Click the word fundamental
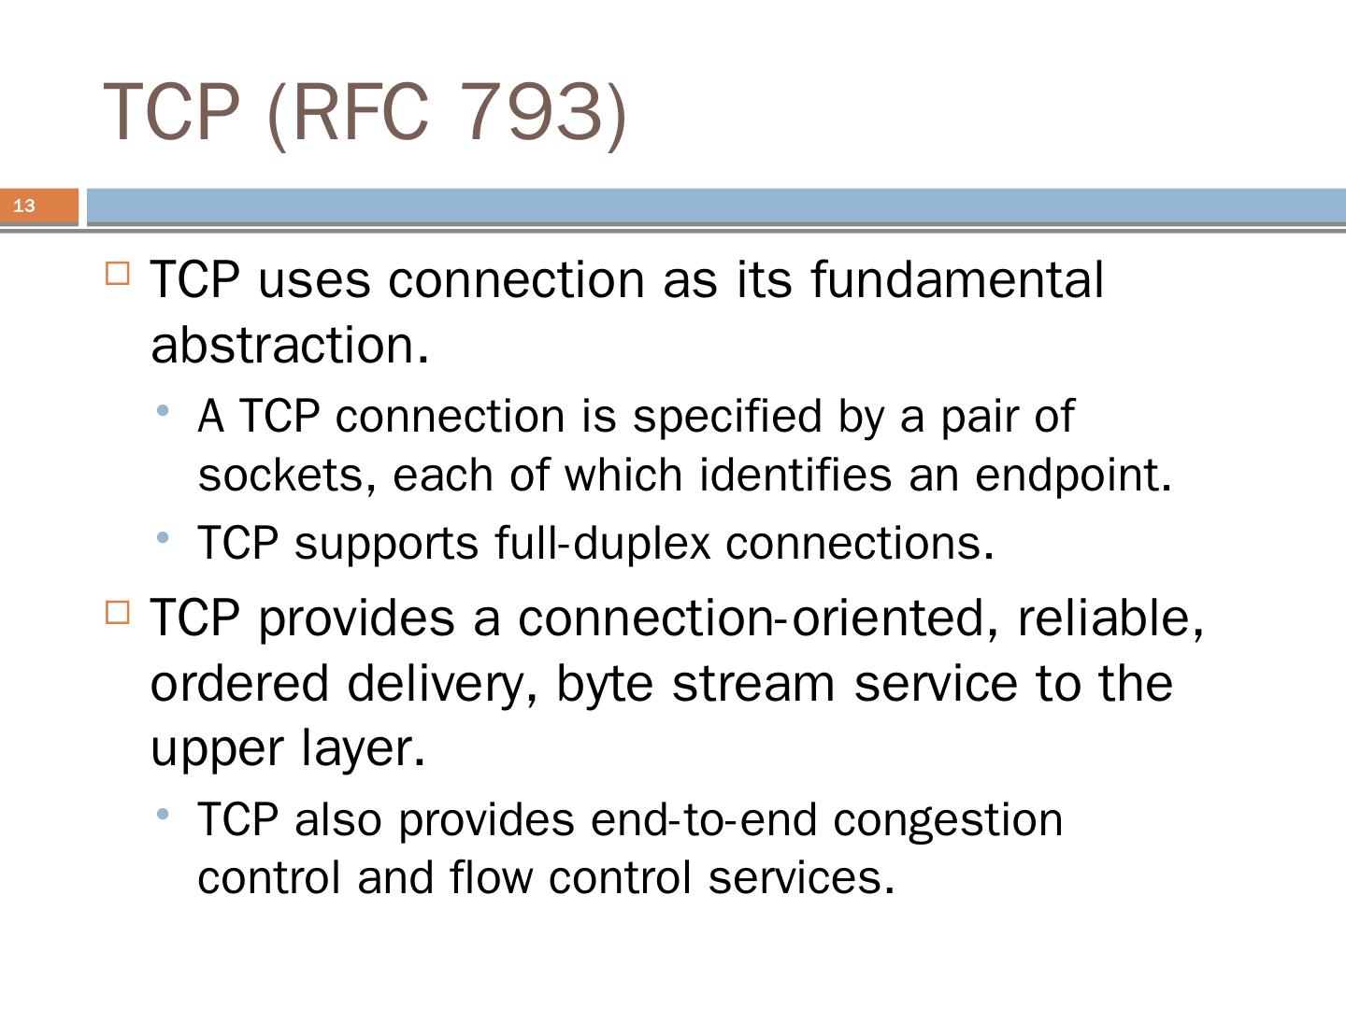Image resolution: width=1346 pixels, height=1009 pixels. click(957, 279)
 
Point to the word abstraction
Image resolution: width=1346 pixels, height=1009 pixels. click(289, 345)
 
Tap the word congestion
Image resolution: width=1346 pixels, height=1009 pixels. click(948, 819)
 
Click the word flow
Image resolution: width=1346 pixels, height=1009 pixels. click(491, 877)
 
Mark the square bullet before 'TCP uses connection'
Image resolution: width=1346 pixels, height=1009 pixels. click(118, 274)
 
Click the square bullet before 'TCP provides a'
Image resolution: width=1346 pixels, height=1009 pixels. click(118, 612)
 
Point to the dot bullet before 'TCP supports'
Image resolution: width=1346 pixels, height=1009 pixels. click(164, 537)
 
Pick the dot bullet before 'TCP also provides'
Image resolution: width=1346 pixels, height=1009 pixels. click(164, 814)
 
